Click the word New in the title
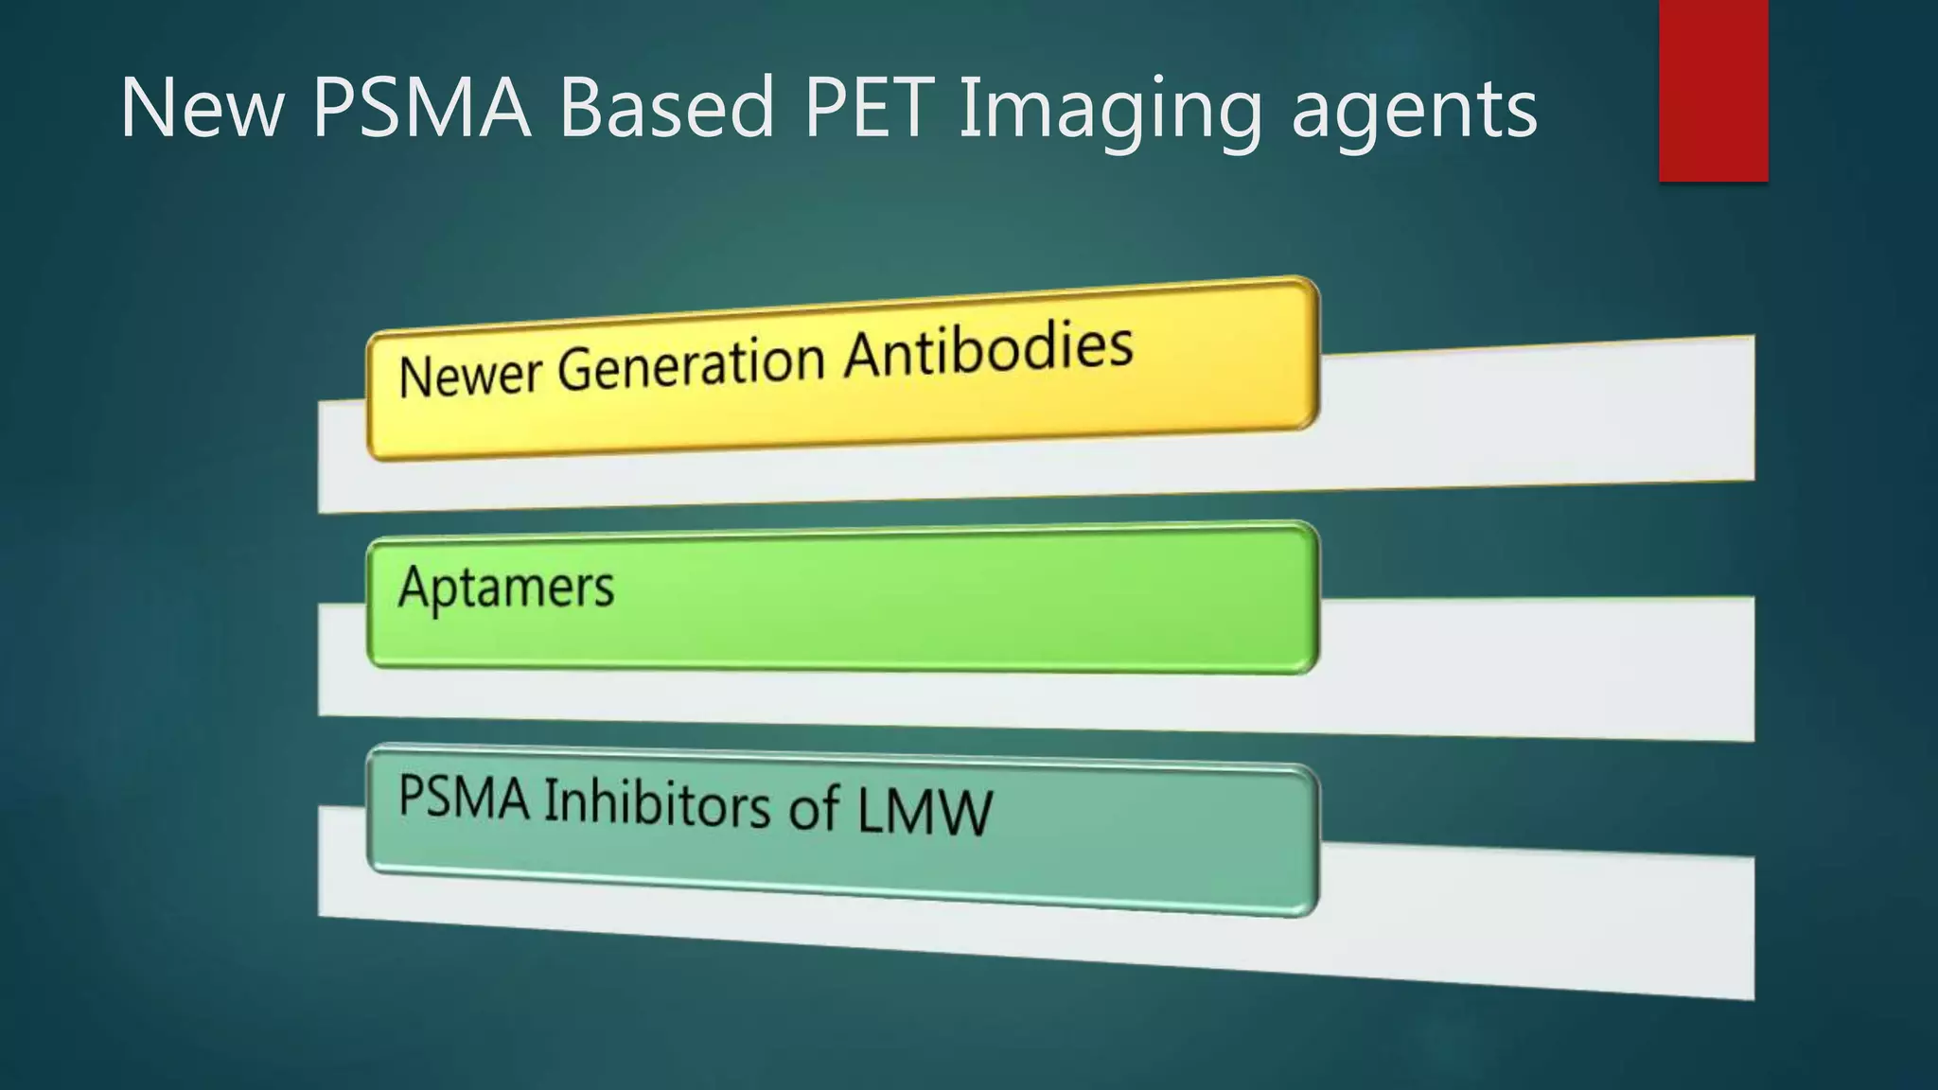[202, 108]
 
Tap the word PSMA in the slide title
[421, 108]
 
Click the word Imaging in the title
[1111, 112]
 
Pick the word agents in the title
[1414, 112]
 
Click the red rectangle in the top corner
[1713, 90]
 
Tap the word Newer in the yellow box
[467, 375]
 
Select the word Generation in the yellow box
[691, 363]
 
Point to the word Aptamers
[506, 588]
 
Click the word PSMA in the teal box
[464, 796]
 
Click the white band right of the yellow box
[1533, 416]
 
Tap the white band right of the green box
[1533, 667]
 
